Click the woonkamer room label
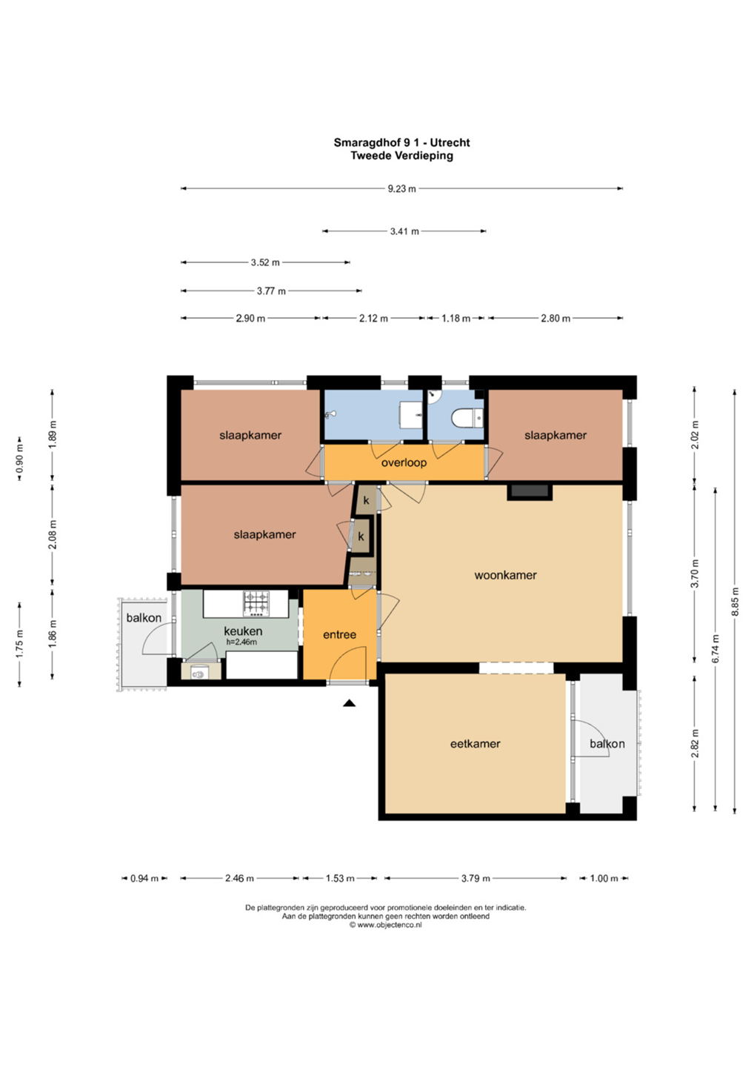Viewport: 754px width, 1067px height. click(x=505, y=575)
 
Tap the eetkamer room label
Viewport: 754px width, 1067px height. click(x=475, y=744)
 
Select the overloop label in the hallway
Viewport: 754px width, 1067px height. click(x=404, y=462)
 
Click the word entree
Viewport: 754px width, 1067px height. click(x=339, y=634)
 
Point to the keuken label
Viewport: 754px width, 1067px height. click(x=243, y=631)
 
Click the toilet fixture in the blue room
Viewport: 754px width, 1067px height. click(x=467, y=418)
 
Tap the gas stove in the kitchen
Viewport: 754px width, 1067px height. click(x=256, y=604)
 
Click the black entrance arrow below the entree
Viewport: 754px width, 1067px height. click(x=350, y=702)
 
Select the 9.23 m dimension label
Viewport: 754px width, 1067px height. click(x=401, y=189)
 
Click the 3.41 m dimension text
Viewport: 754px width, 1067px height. click(x=404, y=231)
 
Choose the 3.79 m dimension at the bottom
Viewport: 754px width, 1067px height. click(x=475, y=878)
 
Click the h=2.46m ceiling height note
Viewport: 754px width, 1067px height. click(x=241, y=642)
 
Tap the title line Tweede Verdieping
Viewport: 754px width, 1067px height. click(x=401, y=156)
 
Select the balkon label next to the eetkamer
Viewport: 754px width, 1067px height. click(x=607, y=744)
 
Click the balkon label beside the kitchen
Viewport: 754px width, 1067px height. click(x=144, y=618)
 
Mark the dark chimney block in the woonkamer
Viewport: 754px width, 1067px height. click(x=530, y=491)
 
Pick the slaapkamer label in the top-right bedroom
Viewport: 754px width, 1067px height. click(x=556, y=435)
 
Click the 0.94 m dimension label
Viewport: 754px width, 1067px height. click(x=144, y=878)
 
